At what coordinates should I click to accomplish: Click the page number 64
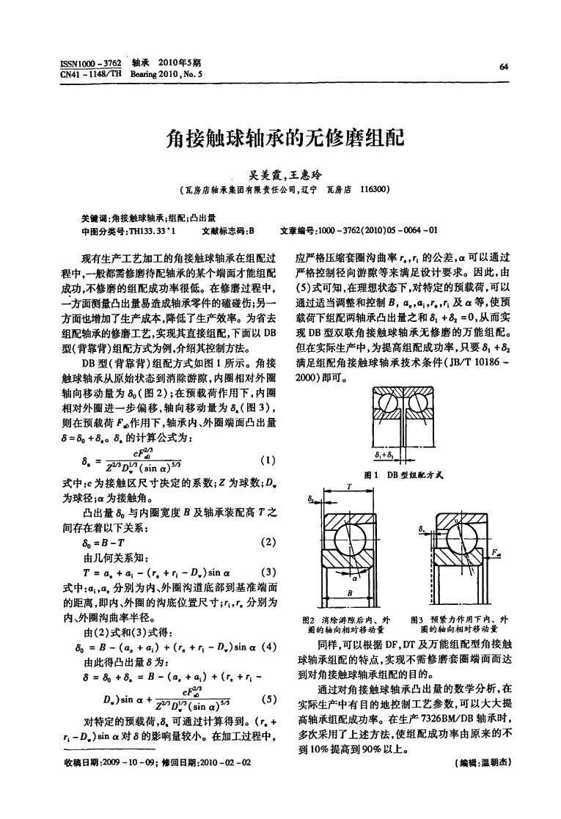(503, 65)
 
